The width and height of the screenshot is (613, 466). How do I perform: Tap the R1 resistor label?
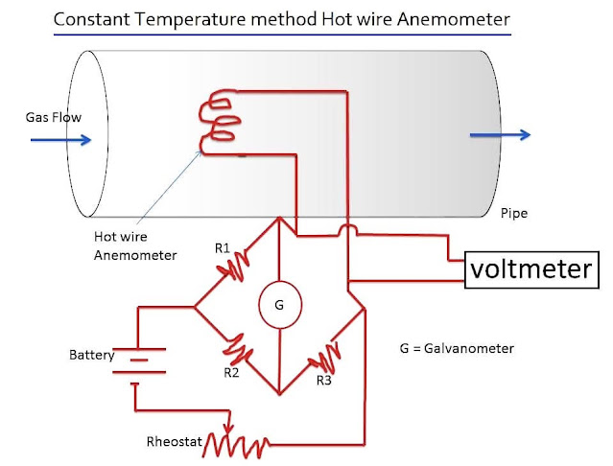[x=222, y=249]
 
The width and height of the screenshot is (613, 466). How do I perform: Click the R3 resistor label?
[x=326, y=381]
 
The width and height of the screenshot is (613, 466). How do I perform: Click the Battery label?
[x=92, y=355]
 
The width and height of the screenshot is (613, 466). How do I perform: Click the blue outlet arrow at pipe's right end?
[x=500, y=135]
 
